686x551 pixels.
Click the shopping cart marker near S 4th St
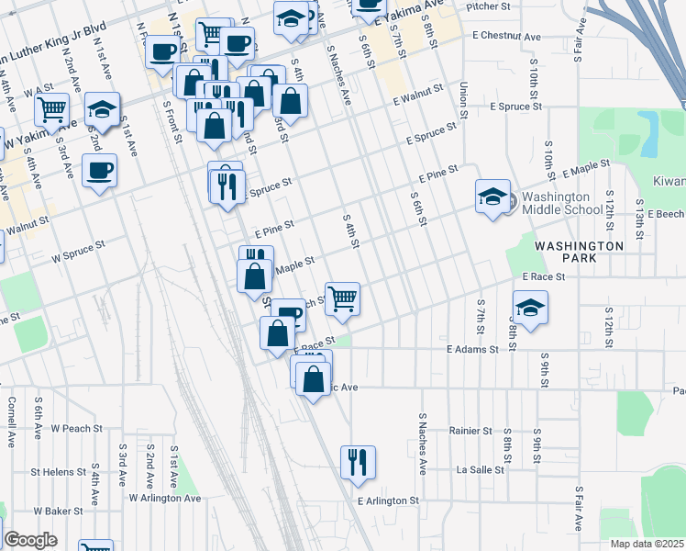coord(342,299)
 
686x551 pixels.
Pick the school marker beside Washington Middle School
coord(492,197)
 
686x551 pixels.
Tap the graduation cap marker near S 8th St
coord(530,309)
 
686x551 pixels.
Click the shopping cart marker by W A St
coord(51,110)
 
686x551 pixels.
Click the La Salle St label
coord(481,469)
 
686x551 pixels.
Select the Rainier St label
coord(471,430)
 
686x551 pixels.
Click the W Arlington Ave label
coord(164,498)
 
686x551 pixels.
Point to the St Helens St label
coord(58,472)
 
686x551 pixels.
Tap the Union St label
coord(464,93)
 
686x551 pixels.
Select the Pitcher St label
coord(488,6)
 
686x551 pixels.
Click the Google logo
coord(30,540)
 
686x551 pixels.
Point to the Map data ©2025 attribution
coord(647,544)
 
